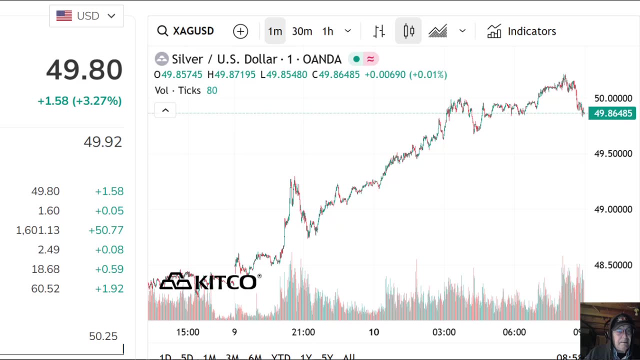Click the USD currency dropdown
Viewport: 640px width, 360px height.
point(86,16)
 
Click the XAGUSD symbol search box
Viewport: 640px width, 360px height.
point(185,31)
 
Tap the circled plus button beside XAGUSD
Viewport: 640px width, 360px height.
point(240,31)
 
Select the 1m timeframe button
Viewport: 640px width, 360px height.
point(275,31)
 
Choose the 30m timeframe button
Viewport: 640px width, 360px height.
point(302,31)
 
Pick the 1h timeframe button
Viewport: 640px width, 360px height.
point(327,31)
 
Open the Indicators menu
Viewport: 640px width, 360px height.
point(521,31)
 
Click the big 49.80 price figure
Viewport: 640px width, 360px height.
point(84,69)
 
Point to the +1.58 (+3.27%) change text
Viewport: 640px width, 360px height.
point(79,101)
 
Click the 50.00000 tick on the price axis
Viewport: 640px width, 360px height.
point(613,98)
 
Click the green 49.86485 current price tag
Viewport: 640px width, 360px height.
point(612,113)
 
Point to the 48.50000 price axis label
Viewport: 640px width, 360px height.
point(613,265)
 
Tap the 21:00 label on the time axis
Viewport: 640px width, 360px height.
point(303,332)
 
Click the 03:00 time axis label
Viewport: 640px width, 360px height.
point(444,332)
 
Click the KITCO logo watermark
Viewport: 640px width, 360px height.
point(208,281)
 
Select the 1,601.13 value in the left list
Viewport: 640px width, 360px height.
point(37,230)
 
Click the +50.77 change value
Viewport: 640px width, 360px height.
point(106,230)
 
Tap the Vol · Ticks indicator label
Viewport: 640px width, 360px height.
point(177,90)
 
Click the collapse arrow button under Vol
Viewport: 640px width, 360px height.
point(165,110)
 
